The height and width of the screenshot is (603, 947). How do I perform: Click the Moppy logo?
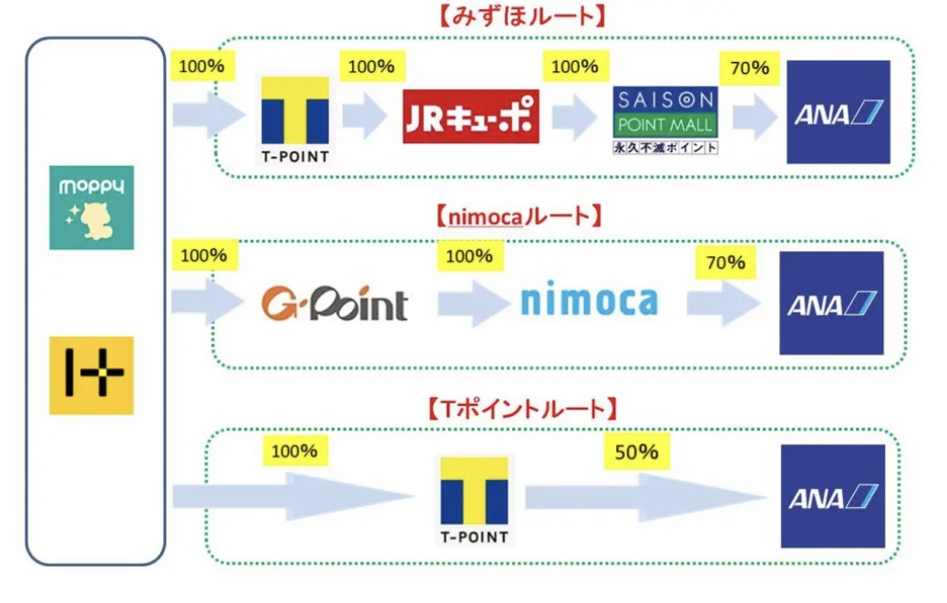click(91, 208)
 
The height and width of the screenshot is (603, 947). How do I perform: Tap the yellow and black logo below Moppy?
click(91, 375)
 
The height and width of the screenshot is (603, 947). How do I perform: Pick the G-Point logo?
click(334, 304)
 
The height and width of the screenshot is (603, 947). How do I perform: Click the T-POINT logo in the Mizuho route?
click(294, 120)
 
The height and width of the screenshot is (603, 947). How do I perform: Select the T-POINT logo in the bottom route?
click(474, 501)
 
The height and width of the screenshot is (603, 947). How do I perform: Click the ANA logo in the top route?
click(838, 112)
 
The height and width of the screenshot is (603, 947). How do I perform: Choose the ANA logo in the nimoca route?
click(831, 303)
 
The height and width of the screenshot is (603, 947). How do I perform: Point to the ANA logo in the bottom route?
click(832, 496)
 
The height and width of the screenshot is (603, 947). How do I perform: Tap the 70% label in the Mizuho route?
click(748, 68)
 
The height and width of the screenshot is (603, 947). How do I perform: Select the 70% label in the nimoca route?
click(725, 263)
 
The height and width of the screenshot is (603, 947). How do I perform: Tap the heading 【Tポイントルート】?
click(522, 407)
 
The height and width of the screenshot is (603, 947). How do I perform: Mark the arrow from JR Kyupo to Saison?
click(574, 117)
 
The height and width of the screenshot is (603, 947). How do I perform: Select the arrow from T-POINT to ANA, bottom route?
click(645, 496)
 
